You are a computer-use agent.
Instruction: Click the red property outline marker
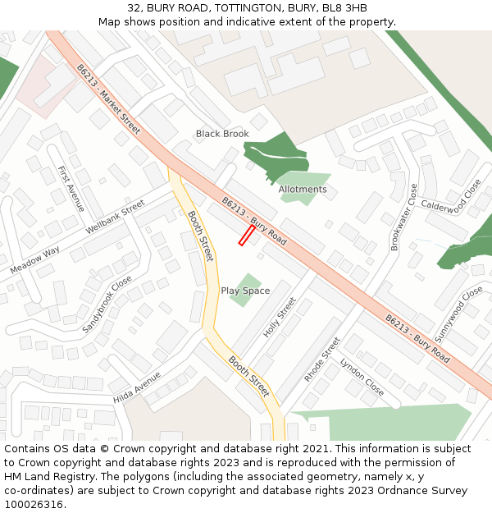246,236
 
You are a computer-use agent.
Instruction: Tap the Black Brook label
221,134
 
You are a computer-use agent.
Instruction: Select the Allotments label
303,190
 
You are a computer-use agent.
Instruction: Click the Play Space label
245,291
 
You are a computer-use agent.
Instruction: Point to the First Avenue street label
71,189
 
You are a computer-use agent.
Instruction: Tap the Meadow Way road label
34,260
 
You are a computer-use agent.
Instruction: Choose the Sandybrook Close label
107,304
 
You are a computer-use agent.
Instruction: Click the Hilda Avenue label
137,387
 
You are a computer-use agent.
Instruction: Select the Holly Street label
279,318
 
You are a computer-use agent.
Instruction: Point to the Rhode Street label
321,360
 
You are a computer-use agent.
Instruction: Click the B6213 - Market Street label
108,99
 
